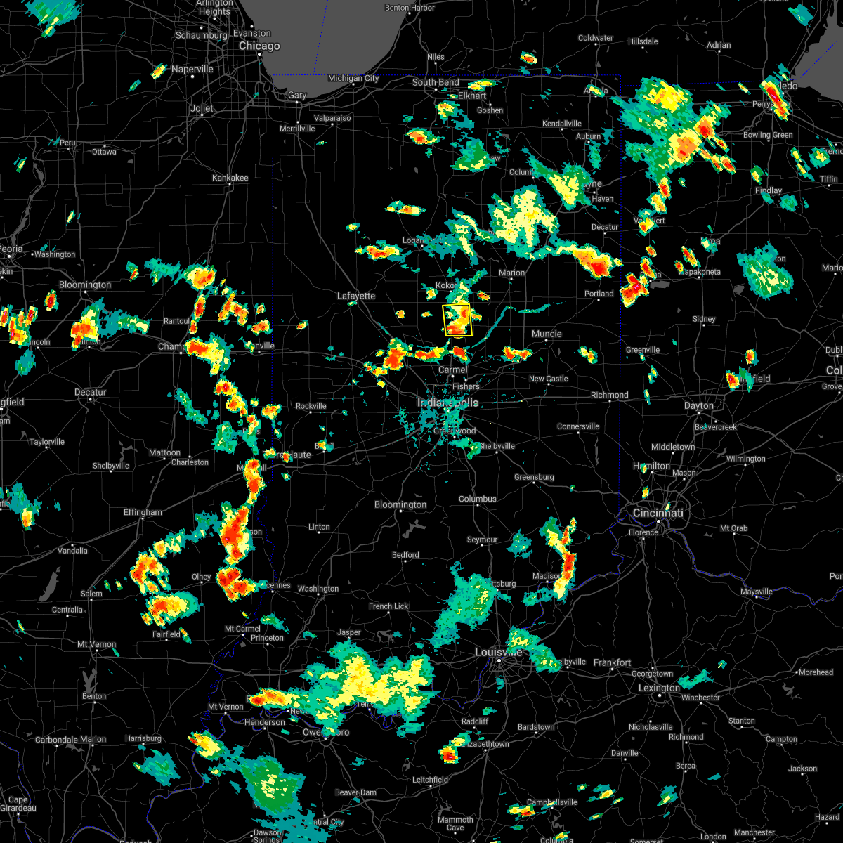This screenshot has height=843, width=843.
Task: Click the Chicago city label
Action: pyautogui.click(x=259, y=46)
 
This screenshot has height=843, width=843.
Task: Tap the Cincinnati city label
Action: pyautogui.click(x=658, y=514)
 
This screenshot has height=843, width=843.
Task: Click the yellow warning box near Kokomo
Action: pyautogui.click(x=457, y=320)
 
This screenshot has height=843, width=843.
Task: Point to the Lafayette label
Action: pyautogui.click(x=356, y=296)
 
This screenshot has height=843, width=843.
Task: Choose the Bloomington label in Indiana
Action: pyautogui.click(x=400, y=505)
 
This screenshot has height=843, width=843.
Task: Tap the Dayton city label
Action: pyautogui.click(x=700, y=406)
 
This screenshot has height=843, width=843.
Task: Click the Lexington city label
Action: pyautogui.click(x=659, y=688)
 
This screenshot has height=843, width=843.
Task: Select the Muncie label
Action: pyautogui.click(x=547, y=334)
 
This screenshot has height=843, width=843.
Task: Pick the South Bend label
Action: pyautogui.click(x=436, y=83)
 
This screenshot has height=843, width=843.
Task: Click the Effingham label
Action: pyautogui.click(x=143, y=513)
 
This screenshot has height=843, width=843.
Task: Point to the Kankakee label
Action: pyautogui.click(x=230, y=178)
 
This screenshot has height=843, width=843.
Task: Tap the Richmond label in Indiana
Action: pyautogui.click(x=609, y=396)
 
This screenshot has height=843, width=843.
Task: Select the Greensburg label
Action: pyautogui.click(x=534, y=478)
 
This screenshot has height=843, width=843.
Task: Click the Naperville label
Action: pyautogui.click(x=192, y=70)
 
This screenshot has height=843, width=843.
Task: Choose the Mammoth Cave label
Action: pyautogui.click(x=455, y=824)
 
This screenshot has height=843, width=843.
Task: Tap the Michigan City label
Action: pyautogui.click(x=353, y=79)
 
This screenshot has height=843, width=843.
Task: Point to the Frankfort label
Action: pyautogui.click(x=612, y=663)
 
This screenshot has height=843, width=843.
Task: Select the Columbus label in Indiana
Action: pyautogui.click(x=478, y=499)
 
